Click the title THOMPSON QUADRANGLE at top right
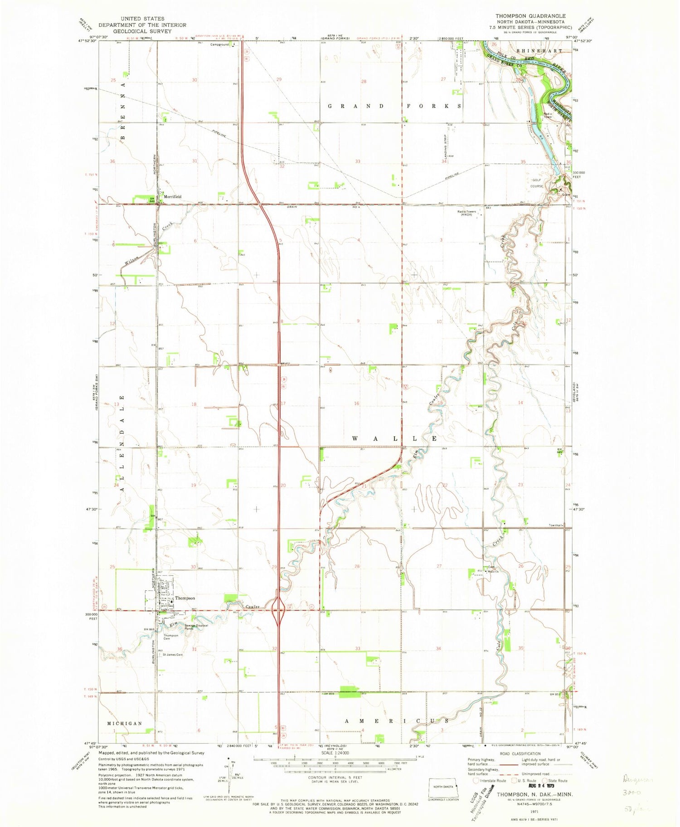click(x=530, y=16)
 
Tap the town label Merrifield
click(x=172, y=197)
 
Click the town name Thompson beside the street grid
click(x=185, y=598)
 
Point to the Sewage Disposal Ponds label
click(x=196, y=627)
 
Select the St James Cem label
click(x=172, y=654)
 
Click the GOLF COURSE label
click(x=537, y=183)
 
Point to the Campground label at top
click(x=219, y=45)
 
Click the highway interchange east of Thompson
click(x=278, y=610)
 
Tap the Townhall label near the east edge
click(x=555, y=525)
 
